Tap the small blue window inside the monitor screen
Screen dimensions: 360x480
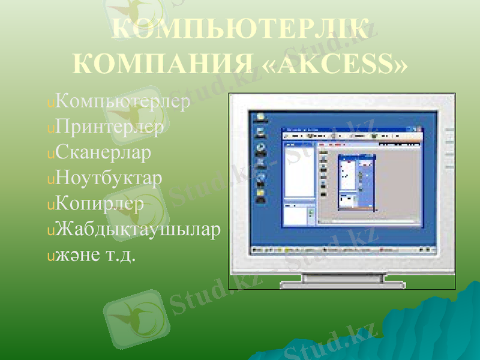click(x=357, y=181)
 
